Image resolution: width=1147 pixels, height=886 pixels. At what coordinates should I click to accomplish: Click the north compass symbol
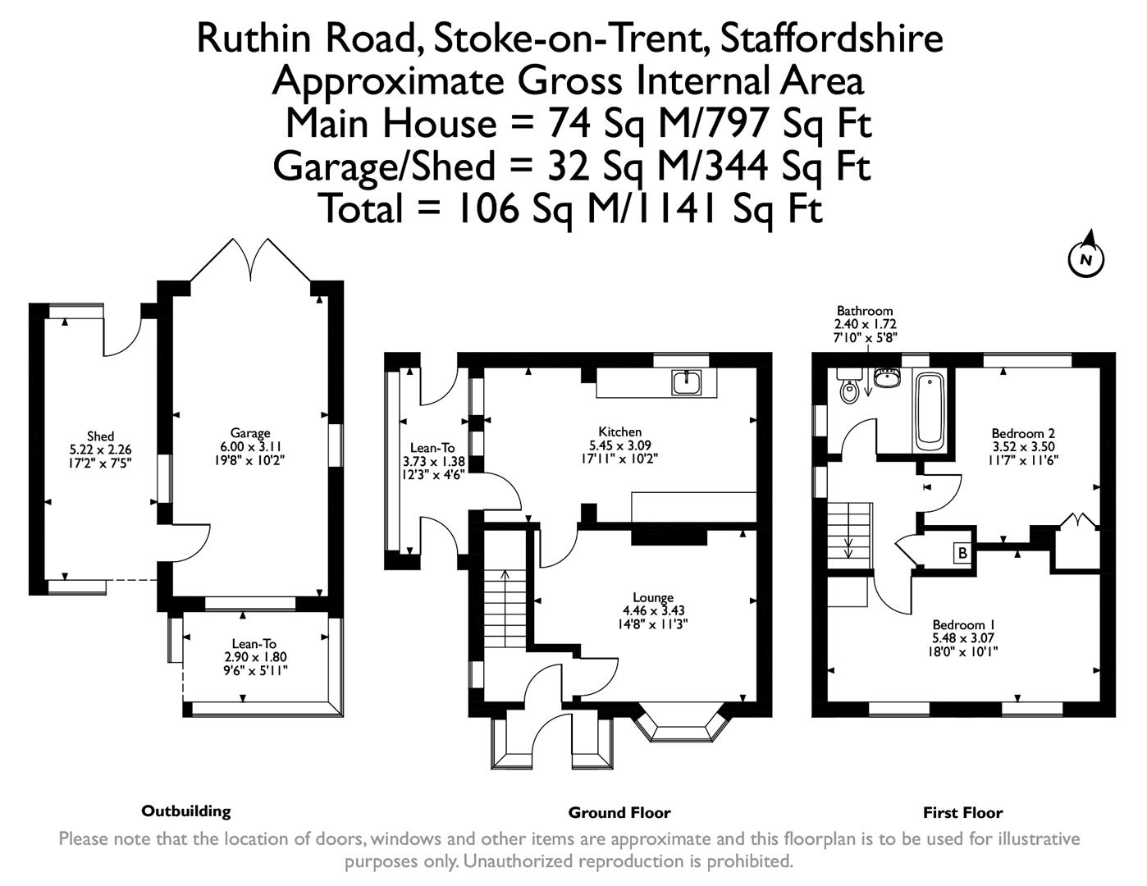[x=1085, y=258]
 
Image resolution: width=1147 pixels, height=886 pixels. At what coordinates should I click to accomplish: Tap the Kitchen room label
[x=619, y=432]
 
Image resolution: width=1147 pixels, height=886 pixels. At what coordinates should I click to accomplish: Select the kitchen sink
[x=684, y=381]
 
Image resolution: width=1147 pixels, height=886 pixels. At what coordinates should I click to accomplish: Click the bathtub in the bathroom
[x=930, y=411]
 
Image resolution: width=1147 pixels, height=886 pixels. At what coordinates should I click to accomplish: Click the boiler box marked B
[x=962, y=553]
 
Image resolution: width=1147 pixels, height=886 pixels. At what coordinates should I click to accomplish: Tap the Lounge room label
[x=653, y=598]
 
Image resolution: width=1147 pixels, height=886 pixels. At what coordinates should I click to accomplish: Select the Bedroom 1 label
[x=963, y=625]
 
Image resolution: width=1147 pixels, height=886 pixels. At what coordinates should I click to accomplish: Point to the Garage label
[x=250, y=434]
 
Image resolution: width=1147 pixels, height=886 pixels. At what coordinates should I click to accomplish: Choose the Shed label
[x=100, y=436]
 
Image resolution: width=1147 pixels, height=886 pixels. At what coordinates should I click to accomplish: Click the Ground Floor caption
[x=619, y=813]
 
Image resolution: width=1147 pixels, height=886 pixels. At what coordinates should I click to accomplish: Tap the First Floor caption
[x=962, y=813]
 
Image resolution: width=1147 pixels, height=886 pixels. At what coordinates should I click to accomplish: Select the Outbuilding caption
[x=186, y=811]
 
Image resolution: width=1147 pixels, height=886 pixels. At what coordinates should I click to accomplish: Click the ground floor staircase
[x=504, y=607]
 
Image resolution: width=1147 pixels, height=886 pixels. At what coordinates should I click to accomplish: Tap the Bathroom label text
[x=864, y=311]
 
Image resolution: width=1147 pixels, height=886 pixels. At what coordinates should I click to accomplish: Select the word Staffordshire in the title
[x=831, y=38]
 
